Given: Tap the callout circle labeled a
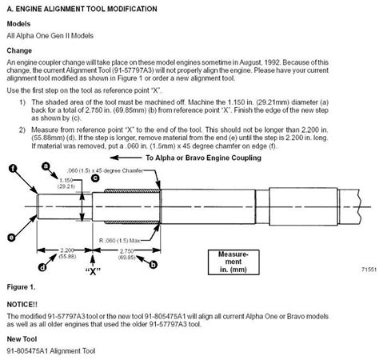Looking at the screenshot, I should [46, 165].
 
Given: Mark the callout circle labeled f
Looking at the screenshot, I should [13, 168].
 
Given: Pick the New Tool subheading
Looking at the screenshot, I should [23, 339].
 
